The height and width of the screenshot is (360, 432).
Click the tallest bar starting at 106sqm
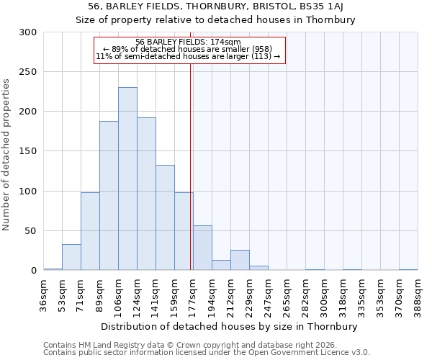click(127, 179)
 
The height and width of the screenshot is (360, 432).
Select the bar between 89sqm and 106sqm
click(109, 196)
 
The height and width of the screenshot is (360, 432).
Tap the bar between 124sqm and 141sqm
click(146, 194)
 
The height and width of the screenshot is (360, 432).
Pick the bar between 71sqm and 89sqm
click(90, 231)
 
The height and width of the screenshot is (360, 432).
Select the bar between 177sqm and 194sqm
click(202, 248)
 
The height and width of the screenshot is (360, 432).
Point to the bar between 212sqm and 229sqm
click(240, 260)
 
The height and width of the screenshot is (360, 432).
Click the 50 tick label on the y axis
click(30, 231)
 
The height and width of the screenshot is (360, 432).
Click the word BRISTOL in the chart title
click(277, 7)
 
